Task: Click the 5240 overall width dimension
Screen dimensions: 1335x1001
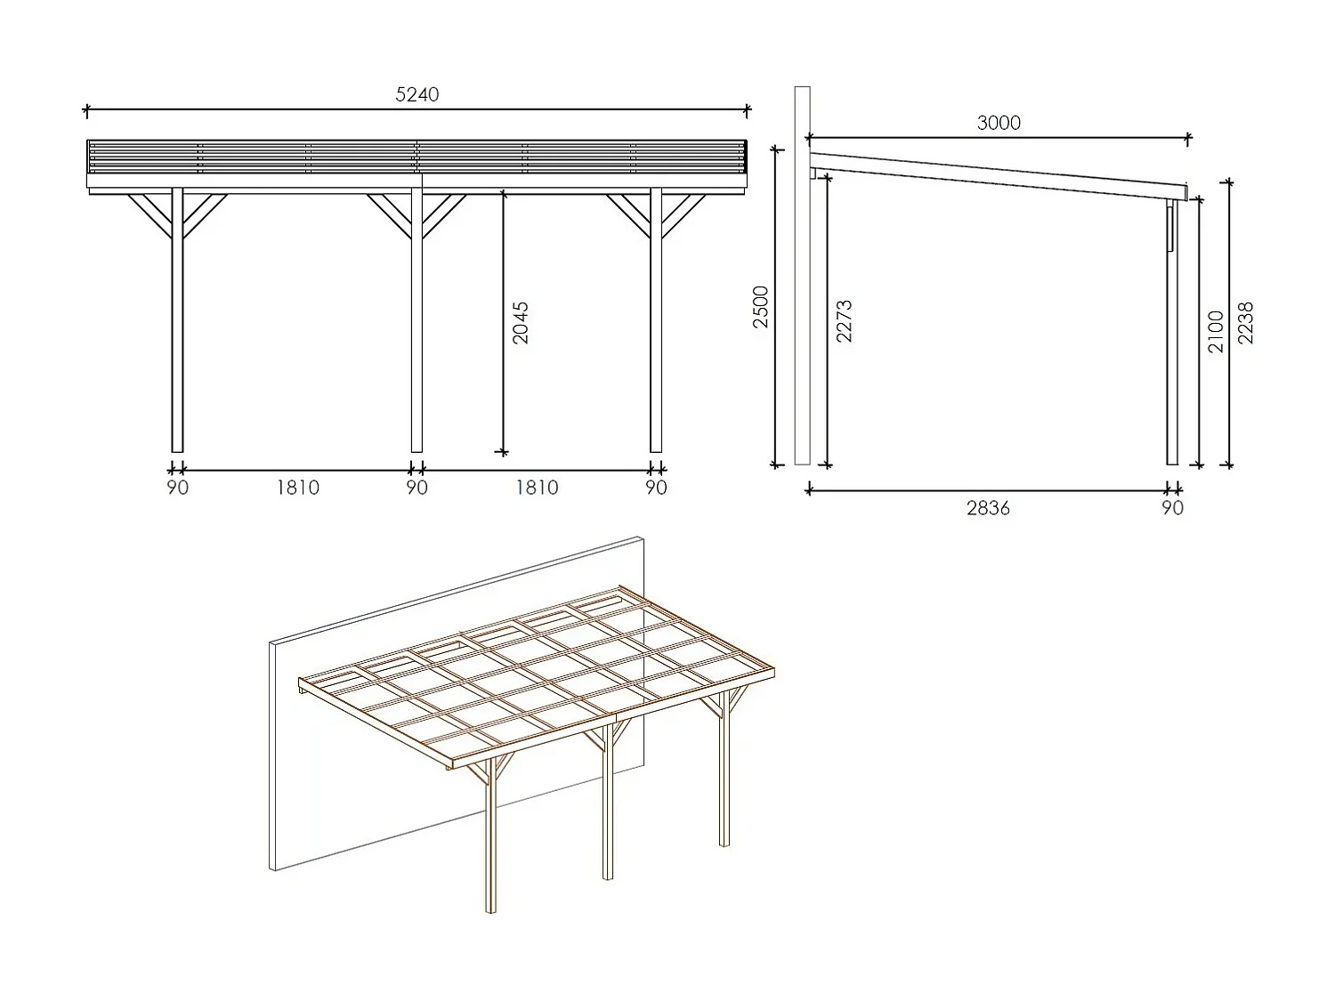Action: click(417, 95)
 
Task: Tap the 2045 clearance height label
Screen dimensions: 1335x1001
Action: click(521, 323)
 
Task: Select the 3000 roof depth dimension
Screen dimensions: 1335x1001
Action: click(999, 123)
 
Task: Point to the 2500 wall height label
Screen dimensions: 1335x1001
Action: click(761, 307)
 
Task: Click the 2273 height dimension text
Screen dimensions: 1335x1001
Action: click(844, 320)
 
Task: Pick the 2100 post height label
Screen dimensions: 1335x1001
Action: click(1216, 331)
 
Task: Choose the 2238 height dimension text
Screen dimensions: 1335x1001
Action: click(1245, 323)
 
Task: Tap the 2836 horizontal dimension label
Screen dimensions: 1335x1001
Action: click(988, 508)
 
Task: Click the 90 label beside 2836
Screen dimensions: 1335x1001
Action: click(1173, 508)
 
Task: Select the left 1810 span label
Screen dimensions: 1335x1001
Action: click(297, 488)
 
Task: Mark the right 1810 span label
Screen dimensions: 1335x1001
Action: click(537, 488)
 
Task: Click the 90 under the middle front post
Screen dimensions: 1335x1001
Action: click(417, 488)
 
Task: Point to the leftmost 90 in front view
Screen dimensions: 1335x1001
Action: click(177, 488)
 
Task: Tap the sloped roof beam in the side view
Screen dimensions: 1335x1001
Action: click(997, 174)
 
